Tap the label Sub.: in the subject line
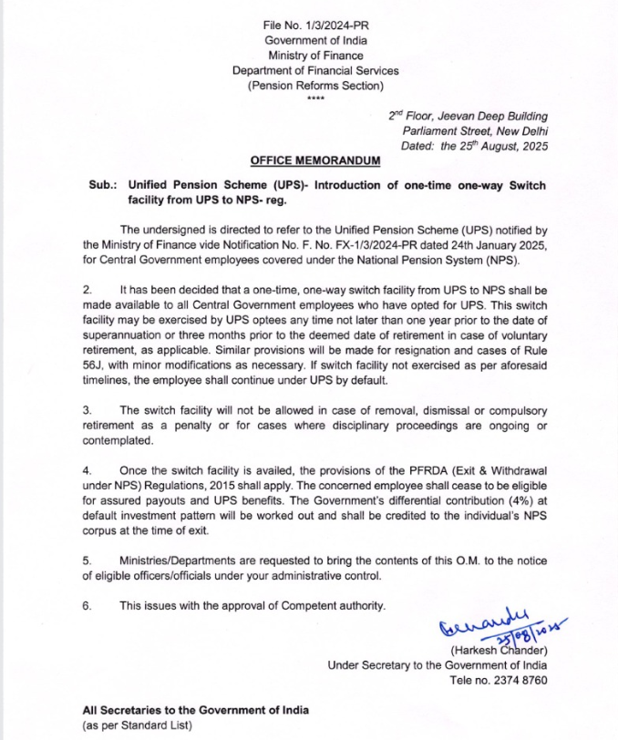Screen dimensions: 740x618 [100, 185]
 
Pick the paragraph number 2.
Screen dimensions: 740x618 [86, 288]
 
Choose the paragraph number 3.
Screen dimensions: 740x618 [86, 410]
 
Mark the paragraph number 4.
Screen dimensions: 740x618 [86, 471]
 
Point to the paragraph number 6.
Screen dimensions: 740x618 [86, 605]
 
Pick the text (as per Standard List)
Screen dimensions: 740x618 [137, 725]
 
